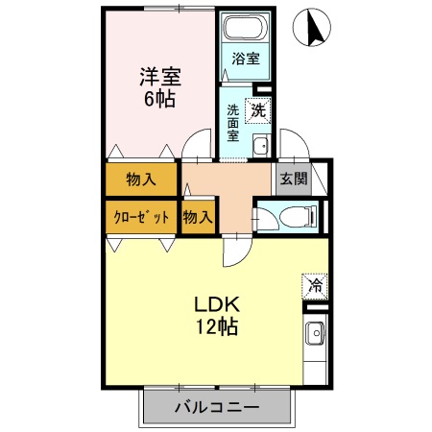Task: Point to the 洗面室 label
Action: coord(232,123)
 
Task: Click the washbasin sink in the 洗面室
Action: coord(259,146)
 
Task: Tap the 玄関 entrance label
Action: coord(293,178)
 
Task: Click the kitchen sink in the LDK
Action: coord(315,335)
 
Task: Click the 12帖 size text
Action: coord(216,327)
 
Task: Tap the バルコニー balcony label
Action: coord(216,407)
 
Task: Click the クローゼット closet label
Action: coord(141,217)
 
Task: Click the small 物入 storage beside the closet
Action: coord(198,217)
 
